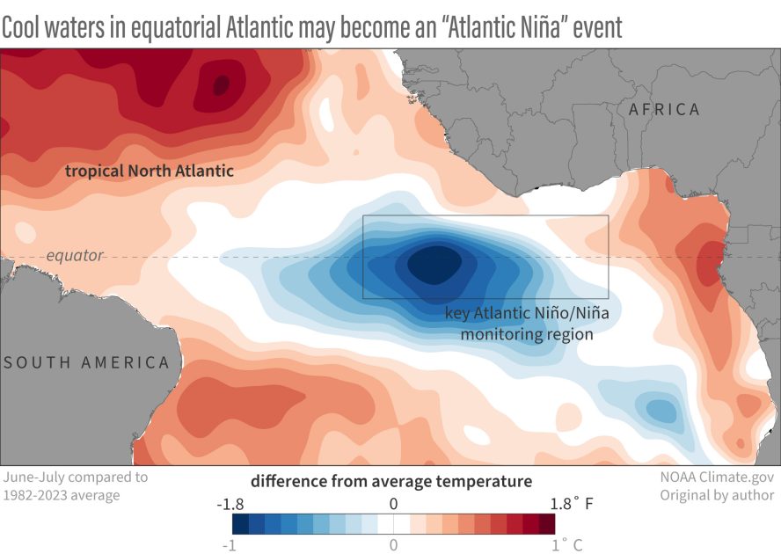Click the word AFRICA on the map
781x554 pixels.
tap(664, 110)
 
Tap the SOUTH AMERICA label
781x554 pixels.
tap(85, 362)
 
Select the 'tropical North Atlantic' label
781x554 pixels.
tap(149, 171)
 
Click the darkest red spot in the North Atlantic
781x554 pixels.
tap(221, 84)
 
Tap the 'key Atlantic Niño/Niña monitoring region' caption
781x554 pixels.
tap(517, 324)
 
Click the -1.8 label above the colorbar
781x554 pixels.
tap(230, 504)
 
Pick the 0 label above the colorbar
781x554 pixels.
tap(393, 504)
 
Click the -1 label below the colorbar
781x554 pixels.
tap(231, 544)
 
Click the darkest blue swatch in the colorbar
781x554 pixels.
tap(240, 524)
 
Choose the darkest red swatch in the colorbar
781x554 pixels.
tap(547, 524)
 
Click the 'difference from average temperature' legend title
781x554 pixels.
tap(391, 481)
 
